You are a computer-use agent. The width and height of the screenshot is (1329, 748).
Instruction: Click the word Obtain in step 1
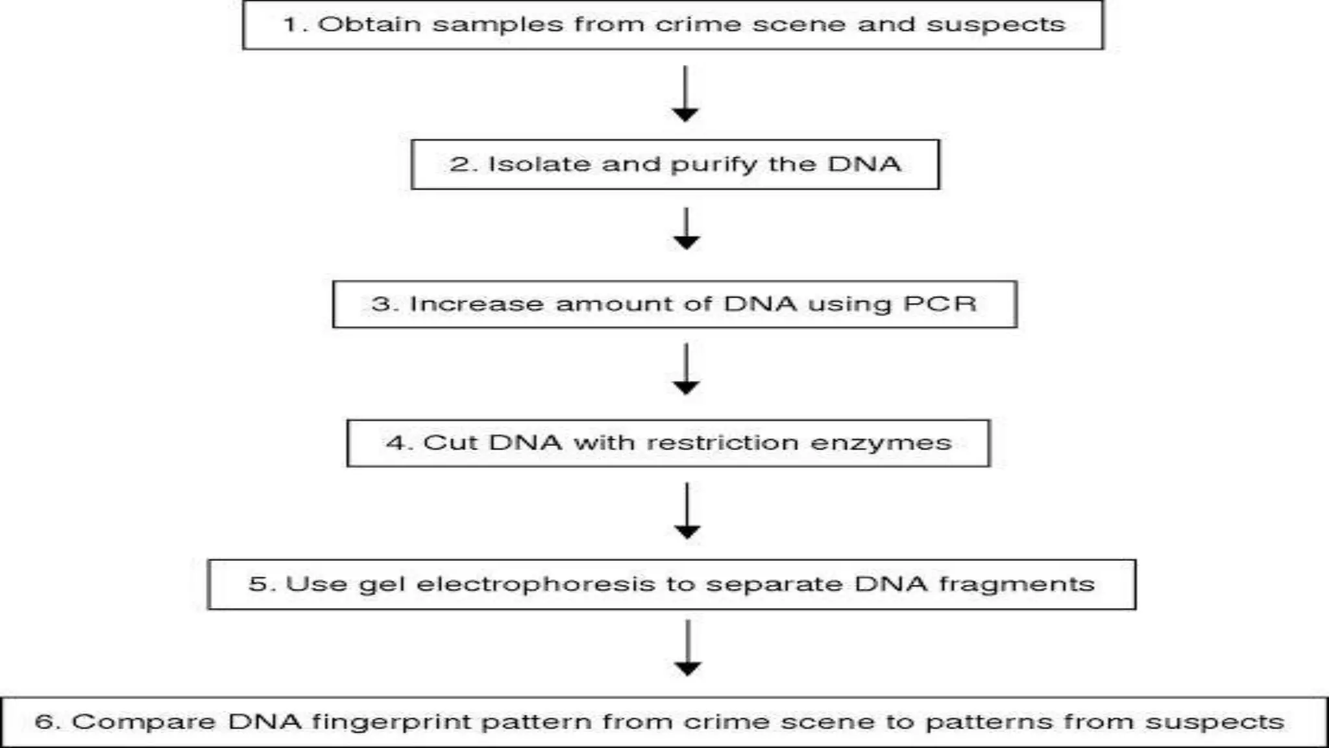(369, 25)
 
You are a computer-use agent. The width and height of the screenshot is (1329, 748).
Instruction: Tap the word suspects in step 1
(995, 25)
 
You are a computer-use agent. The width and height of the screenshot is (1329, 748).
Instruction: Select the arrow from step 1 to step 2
(685, 93)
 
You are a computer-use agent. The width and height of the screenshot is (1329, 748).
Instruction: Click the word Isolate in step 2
(539, 164)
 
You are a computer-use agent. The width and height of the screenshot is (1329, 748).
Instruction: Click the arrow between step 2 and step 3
(686, 229)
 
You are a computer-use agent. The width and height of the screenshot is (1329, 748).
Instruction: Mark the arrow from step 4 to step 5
(687, 510)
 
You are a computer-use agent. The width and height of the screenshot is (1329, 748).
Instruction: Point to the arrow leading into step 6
(687, 648)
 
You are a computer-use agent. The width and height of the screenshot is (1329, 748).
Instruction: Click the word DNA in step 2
(864, 164)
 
